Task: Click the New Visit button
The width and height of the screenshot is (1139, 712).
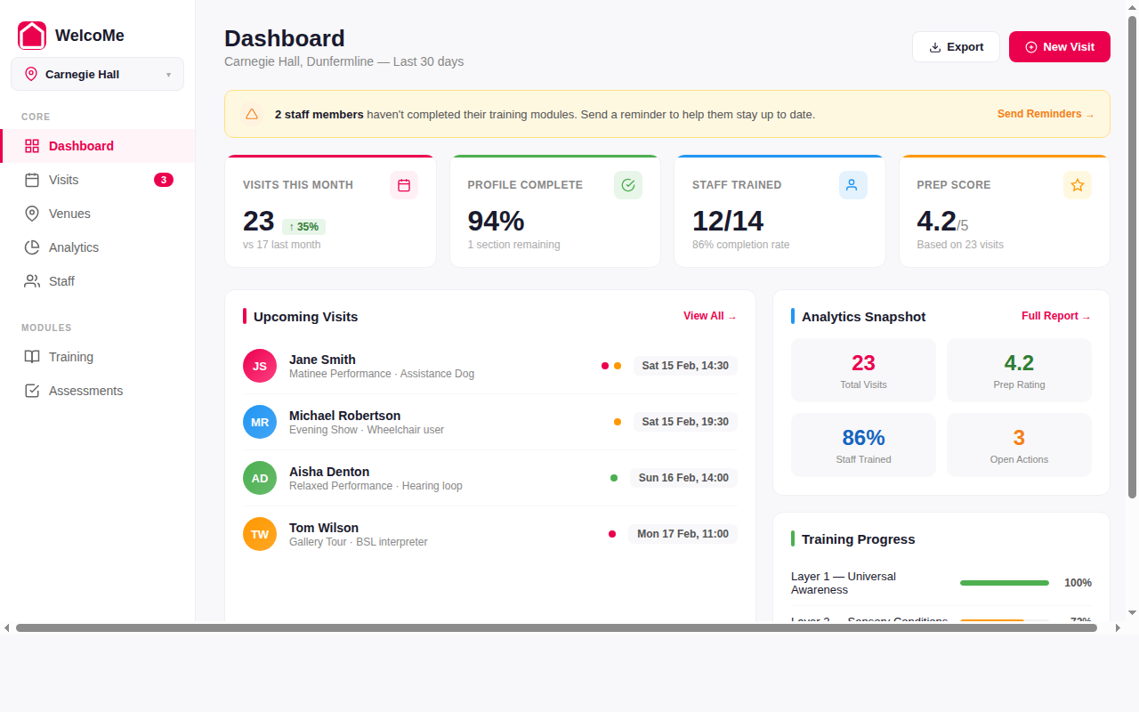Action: tap(1059, 47)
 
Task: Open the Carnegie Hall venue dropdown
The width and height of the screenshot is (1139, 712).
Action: tap(97, 74)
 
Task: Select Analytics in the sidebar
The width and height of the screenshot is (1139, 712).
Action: tap(73, 247)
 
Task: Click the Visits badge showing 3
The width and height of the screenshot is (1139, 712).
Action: tap(164, 180)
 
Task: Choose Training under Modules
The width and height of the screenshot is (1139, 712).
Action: tap(70, 357)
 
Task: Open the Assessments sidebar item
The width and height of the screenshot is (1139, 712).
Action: tap(85, 391)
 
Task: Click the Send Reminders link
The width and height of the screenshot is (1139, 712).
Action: tap(1045, 114)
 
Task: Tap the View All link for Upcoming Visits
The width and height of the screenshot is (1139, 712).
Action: tap(709, 316)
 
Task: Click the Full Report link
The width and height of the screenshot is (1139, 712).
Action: tap(1055, 316)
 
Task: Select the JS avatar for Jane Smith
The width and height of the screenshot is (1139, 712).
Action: tap(260, 366)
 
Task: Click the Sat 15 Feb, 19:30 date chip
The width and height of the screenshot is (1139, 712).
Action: tap(685, 422)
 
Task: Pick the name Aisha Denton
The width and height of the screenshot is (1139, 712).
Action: tap(329, 472)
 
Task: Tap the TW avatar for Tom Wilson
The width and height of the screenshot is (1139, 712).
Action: tap(260, 534)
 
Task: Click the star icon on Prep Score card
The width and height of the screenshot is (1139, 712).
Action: tap(1077, 185)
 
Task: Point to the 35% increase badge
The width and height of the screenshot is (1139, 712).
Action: tap(303, 226)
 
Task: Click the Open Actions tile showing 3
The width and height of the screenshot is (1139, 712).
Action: tap(1019, 445)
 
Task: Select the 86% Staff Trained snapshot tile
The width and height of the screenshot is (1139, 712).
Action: tap(863, 445)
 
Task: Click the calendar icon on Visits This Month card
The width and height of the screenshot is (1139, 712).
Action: tap(404, 185)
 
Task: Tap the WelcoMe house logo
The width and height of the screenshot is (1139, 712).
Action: tap(32, 36)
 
